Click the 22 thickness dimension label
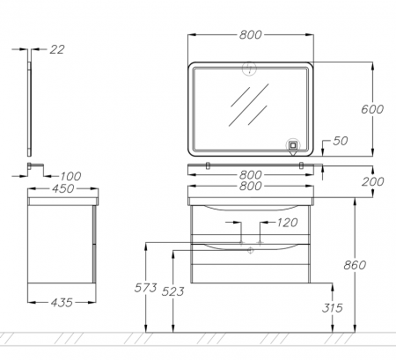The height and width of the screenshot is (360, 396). pyautogui.click(x=57, y=49)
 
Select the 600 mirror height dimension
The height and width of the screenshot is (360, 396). pyautogui.click(x=372, y=109)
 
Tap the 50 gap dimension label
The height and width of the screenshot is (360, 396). pyautogui.click(x=341, y=141)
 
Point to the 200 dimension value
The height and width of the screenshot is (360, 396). pyautogui.click(x=372, y=181)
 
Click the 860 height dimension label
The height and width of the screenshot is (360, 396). pyautogui.click(x=355, y=265)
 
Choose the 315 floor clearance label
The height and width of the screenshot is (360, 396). pyautogui.click(x=333, y=308)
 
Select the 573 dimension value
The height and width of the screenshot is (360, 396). pyautogui.click(x=146, y=288)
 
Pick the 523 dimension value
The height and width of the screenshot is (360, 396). pyautogui.click(x=173, y=291)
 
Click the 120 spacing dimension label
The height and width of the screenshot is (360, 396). pyautogui.click(x=287, y=223)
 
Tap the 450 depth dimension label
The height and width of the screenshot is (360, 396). pyautogui.click(x=62, y=188)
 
